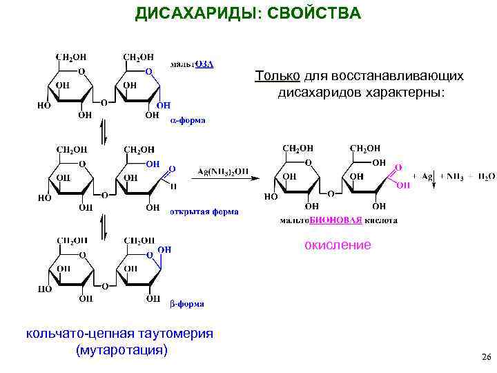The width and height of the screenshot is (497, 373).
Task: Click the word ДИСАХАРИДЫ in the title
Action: (193, 14)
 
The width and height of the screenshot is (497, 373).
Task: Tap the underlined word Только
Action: (277, 75)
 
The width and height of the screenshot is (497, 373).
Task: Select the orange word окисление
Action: (338, 245)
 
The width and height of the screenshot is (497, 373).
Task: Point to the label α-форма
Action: (187, 119)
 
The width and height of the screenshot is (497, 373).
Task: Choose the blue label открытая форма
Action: (204, 212)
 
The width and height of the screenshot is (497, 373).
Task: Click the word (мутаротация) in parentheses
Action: (123, 350)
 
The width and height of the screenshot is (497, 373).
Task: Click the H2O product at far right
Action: (485, 178)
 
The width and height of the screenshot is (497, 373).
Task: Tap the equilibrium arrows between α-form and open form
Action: (102, 132)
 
